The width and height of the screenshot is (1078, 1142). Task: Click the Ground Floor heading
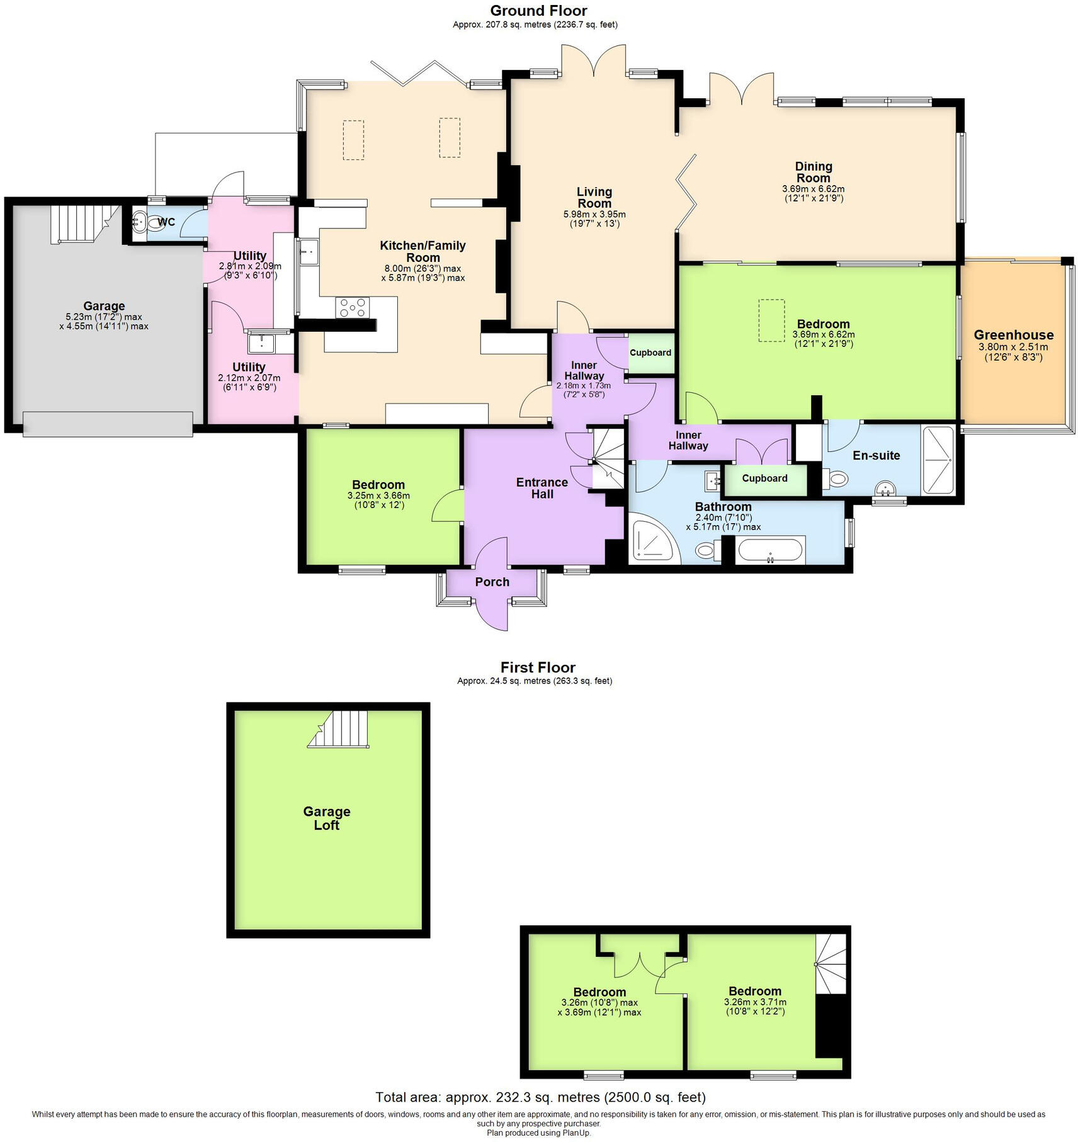click(538, 11)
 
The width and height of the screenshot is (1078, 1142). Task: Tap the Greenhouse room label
click(1013, 335)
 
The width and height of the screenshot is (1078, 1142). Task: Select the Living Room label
click(594, 197)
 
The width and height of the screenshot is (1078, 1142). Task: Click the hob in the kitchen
click(353, 308)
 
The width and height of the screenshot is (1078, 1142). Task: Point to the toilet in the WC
click(142, 222)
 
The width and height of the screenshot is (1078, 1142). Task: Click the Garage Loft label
click(326, 818)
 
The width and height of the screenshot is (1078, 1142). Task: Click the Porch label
click(492, 582)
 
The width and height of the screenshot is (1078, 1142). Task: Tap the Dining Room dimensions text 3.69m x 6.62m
click(813, 189)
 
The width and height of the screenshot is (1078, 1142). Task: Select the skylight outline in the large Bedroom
click(771, 320)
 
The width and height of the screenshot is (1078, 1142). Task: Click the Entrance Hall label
click(542, 488)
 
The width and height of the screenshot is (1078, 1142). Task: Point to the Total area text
click(540, 1097)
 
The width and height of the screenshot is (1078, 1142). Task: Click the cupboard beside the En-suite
click(764, 478)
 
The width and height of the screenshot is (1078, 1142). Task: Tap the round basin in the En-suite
click(886, 488)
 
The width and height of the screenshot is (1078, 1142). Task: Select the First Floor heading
click(538, 667)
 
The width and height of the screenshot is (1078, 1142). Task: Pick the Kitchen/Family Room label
click(423, 251)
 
